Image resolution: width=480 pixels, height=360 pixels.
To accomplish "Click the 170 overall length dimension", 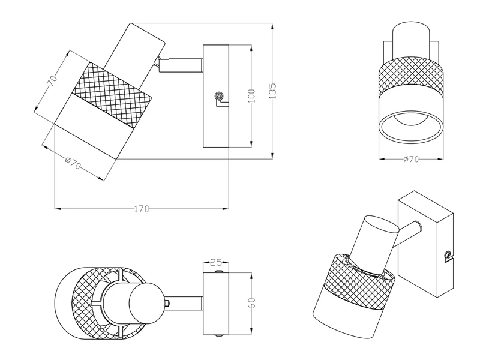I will pyautogui.click(x=141, y=209).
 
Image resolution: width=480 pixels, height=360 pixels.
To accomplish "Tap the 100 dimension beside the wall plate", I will pyautogui.click(x=251, y=96).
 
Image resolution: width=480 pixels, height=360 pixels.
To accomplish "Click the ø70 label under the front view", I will pyautogui.click(x=410, y=159).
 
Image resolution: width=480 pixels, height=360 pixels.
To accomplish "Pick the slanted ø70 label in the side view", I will pyautogui.click(x=73, y=161).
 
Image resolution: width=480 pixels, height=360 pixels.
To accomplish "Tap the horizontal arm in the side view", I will pyautogui.click(x=183, y=64).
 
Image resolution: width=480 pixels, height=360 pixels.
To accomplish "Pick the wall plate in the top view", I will pyautogui.click(x=217, y=303).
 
